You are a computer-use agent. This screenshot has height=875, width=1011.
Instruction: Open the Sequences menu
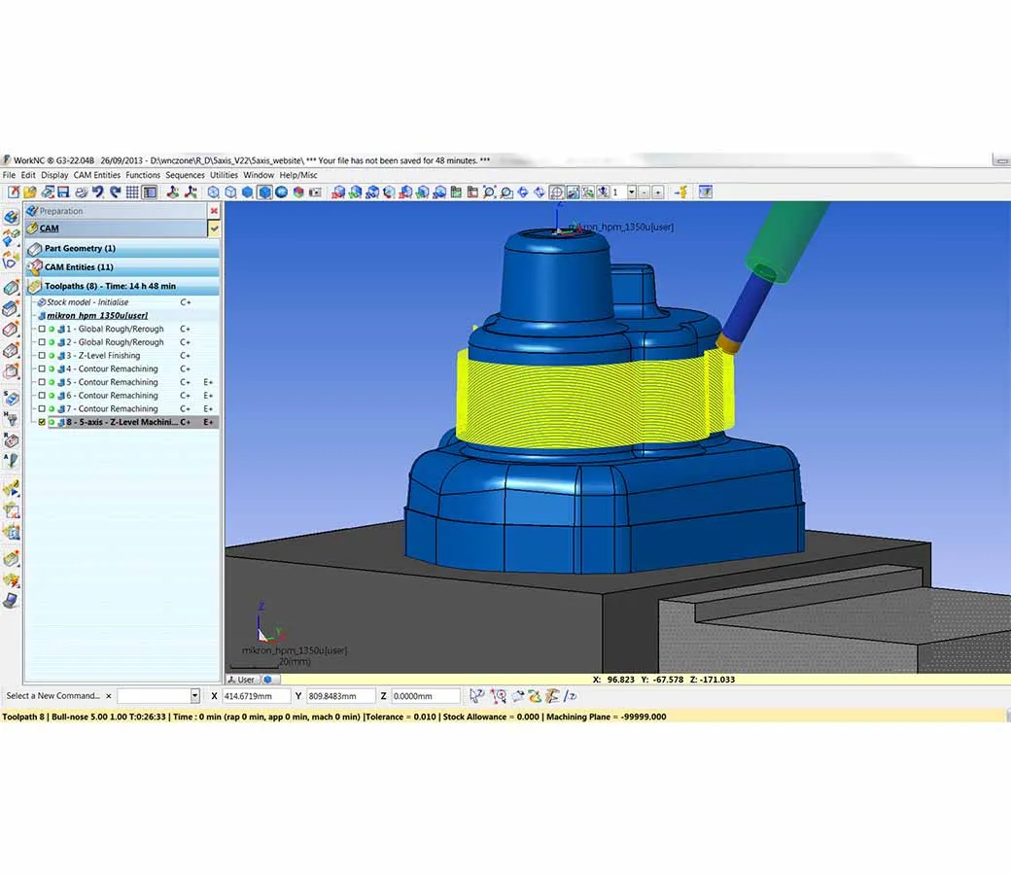click(x=185, y=175)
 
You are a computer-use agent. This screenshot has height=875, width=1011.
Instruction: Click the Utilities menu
click(x=224, y=175)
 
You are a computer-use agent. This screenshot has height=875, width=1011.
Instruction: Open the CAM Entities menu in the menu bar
click(x=97, y=175)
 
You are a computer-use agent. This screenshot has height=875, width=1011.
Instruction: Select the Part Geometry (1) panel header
click(x=80, y=249)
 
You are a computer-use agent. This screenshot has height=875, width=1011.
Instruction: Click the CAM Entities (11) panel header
click(x=79, y=267)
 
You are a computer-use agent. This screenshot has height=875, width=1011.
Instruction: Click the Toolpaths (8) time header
click(x=110, y=287)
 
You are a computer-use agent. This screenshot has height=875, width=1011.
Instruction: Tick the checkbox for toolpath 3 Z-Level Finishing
click(x=42, y=356)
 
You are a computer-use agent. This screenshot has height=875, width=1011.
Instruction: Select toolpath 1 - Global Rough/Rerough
click(x=121, y=330)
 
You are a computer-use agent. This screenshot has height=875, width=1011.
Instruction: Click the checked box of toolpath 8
click(x=42, y=423)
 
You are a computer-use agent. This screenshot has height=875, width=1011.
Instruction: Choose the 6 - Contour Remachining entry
click(x=118, y=396)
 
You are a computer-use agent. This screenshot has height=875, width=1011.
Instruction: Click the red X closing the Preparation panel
click(x=214, y=211)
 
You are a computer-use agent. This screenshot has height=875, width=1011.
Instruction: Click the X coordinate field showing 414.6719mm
click(x=256, y=696)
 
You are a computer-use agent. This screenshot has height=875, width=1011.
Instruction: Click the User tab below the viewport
click(x=245, y=680)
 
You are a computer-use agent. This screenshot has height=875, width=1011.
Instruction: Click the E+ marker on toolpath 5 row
click(x=208, y=383)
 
